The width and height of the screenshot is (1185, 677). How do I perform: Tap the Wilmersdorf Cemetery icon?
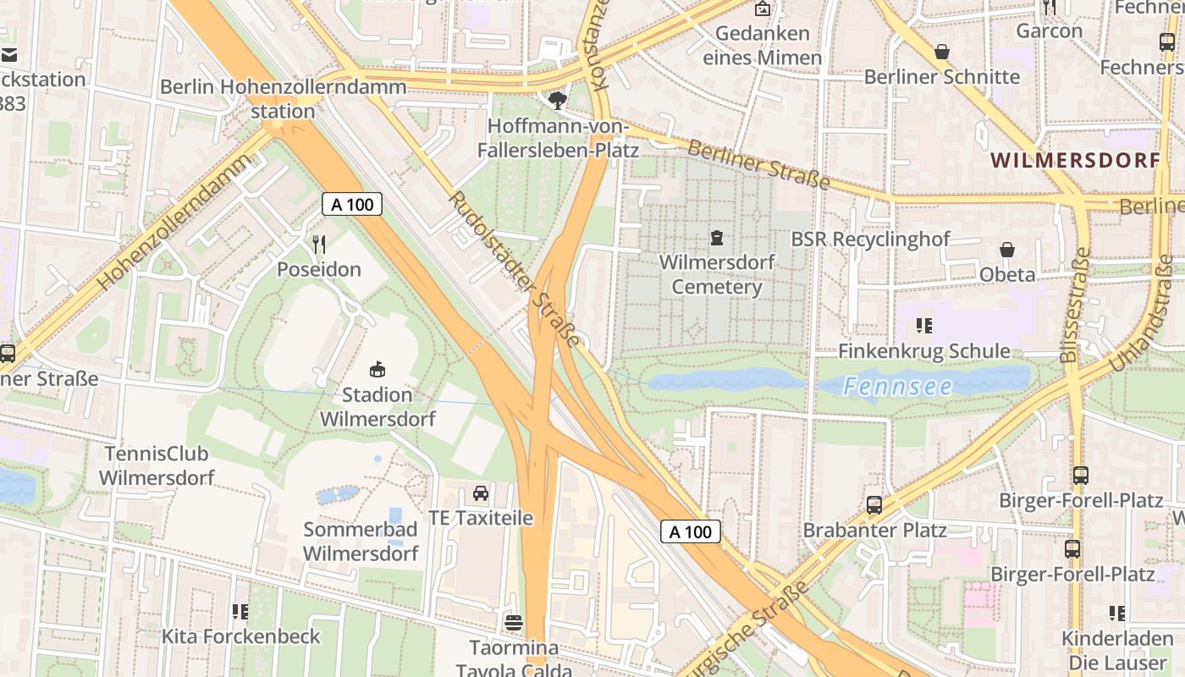(x=717, y=238)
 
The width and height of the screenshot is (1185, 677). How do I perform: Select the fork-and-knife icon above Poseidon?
(x=319, y=245)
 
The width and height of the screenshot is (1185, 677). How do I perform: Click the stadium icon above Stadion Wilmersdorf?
(x=378, y=369)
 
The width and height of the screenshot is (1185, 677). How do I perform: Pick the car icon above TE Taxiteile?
(x=480, y=493)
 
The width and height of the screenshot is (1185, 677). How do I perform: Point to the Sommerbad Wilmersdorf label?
(x=361, y=542)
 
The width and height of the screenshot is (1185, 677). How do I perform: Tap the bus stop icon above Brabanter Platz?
(x=874, y=505)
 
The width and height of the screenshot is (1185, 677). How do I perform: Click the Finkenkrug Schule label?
(x=924, y=350)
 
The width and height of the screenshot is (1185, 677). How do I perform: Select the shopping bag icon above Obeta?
(x=1007, y=250)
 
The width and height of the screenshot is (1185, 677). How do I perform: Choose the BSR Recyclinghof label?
(x=870, y=239)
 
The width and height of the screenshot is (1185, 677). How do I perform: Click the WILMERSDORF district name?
(x=1075, y=160)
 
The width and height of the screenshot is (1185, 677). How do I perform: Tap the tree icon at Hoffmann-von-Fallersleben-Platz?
(x=558, y=102)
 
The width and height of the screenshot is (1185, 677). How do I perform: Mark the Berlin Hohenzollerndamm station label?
(x=283, y=98)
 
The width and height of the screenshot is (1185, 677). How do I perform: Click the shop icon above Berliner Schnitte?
(x=941, y=52)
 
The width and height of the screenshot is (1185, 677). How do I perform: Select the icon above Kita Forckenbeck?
(x=240, y=611)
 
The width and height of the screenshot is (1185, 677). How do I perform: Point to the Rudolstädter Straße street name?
(x=514, y=268)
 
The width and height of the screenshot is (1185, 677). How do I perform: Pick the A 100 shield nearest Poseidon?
(x=352, y=204)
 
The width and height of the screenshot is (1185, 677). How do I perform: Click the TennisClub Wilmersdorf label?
(x=157, y=465)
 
